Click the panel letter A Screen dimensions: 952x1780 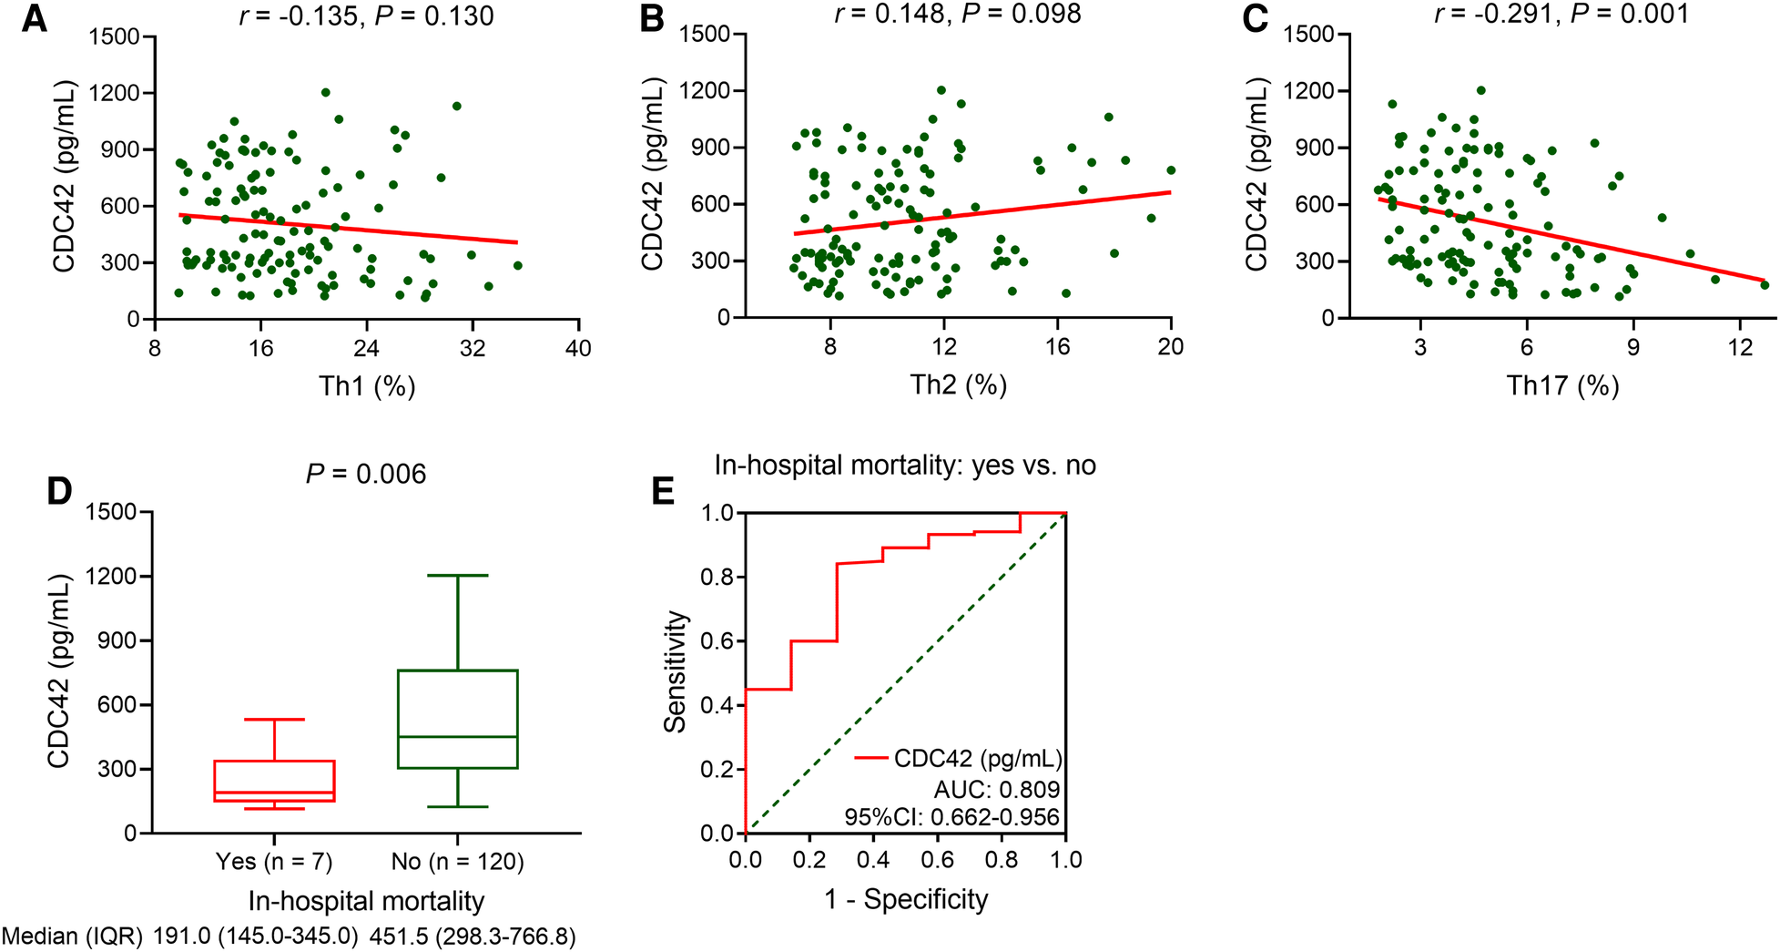(x=34, y=19)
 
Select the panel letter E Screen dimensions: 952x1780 (x=662, y=491)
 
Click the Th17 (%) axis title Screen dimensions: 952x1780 (x=1562, y=385)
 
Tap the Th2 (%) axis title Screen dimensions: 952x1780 (x=958, y=385)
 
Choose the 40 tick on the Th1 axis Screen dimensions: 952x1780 (x=578, y=348)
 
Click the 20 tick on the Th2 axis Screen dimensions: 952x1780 (x=1171, y=347)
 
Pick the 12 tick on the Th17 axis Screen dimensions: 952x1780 (x=1740, y=347)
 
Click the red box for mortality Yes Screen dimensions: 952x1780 (x=274, y=781)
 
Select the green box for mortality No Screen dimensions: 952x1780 (x=457, y=720)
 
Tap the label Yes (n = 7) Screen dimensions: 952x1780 (x=274, y=861)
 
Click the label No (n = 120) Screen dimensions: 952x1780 (x=457, y=861)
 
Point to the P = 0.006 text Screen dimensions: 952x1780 (x=366, y=474)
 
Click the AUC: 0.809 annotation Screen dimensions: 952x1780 (x=997, y=789)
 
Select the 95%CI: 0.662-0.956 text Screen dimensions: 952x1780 (x=951, y=817)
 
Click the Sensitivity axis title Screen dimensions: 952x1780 (x=675, y=672)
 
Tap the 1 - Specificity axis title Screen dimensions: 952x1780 (x=906, y=900)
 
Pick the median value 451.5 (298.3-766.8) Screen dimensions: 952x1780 (x=473, y=937)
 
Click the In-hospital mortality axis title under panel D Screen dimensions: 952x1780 (x=366, y=901)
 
